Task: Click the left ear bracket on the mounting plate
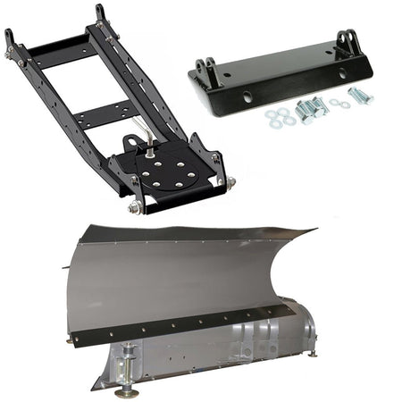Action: click(207, 71)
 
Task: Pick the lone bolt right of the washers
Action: click(361, 96)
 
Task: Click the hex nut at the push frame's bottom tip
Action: click(135, 207)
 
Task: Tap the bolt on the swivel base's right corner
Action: click(230, 182)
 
